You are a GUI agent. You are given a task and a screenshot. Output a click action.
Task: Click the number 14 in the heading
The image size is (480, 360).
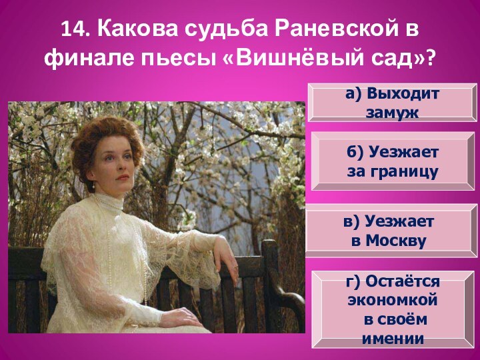tap(74, 29)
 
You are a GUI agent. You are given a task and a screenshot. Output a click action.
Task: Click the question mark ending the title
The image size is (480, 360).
tap(429, 58)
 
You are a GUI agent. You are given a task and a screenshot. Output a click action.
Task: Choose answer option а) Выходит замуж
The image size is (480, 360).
tap(393, 103)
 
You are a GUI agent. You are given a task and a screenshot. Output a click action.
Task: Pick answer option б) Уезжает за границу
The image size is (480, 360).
tap(393, 161)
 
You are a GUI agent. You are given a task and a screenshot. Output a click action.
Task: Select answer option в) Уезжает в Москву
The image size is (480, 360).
tap(392, 231)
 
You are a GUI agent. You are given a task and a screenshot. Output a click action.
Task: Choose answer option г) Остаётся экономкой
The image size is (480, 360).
tap(393, 309)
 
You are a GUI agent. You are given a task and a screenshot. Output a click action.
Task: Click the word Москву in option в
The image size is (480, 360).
tap(396, 241)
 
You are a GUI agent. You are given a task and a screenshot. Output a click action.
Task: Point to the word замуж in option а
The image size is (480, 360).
tap(392, 113)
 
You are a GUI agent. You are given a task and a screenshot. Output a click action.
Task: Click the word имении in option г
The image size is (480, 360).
tap(393, 339)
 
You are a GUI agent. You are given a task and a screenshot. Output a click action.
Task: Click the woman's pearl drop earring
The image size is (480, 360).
tap(94, 185)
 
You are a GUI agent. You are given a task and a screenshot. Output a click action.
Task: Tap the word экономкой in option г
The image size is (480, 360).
tap(393, 300)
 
